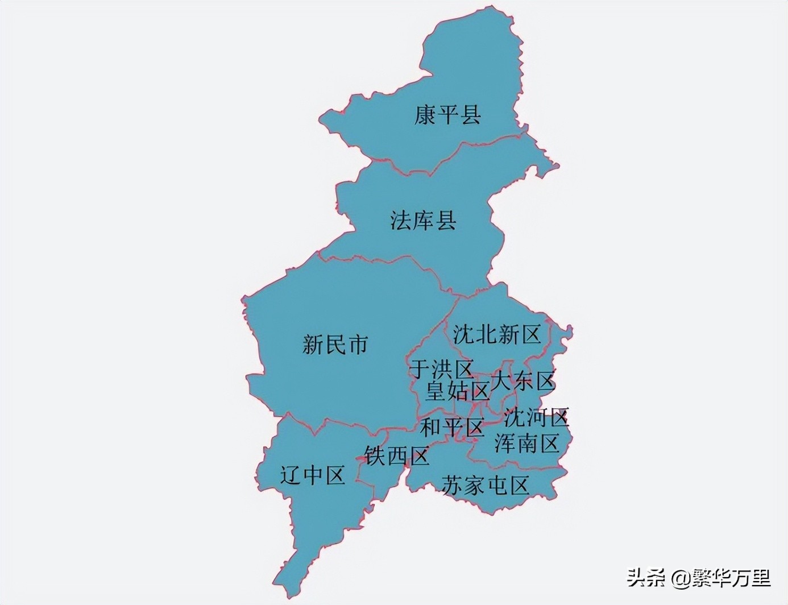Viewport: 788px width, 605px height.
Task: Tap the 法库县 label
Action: (424, 220)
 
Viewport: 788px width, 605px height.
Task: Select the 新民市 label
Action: (335, 344)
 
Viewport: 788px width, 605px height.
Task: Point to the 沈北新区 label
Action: (496, 334)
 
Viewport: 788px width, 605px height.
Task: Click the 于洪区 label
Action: (442, 370)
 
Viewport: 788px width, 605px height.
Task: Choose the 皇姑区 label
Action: (458, 391)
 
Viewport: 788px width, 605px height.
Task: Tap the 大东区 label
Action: (522, 380)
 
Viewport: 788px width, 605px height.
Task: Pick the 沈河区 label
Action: (536, 417)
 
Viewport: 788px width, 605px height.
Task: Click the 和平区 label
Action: (452, 427)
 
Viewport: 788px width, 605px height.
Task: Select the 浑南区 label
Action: (527, 443)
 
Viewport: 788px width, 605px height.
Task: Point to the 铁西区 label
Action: (397, 455)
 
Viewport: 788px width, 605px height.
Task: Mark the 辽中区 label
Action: (313, 475)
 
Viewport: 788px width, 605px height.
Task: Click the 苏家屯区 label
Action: (486, 485)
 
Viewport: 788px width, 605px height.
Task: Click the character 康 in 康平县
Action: (425, 114)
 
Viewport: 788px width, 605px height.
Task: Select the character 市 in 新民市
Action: (358, 344)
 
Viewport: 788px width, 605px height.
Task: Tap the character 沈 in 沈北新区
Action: (463, 334)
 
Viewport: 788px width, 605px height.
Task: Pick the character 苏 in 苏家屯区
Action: (453, 485)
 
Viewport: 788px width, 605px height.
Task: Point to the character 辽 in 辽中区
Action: (291, 475)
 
